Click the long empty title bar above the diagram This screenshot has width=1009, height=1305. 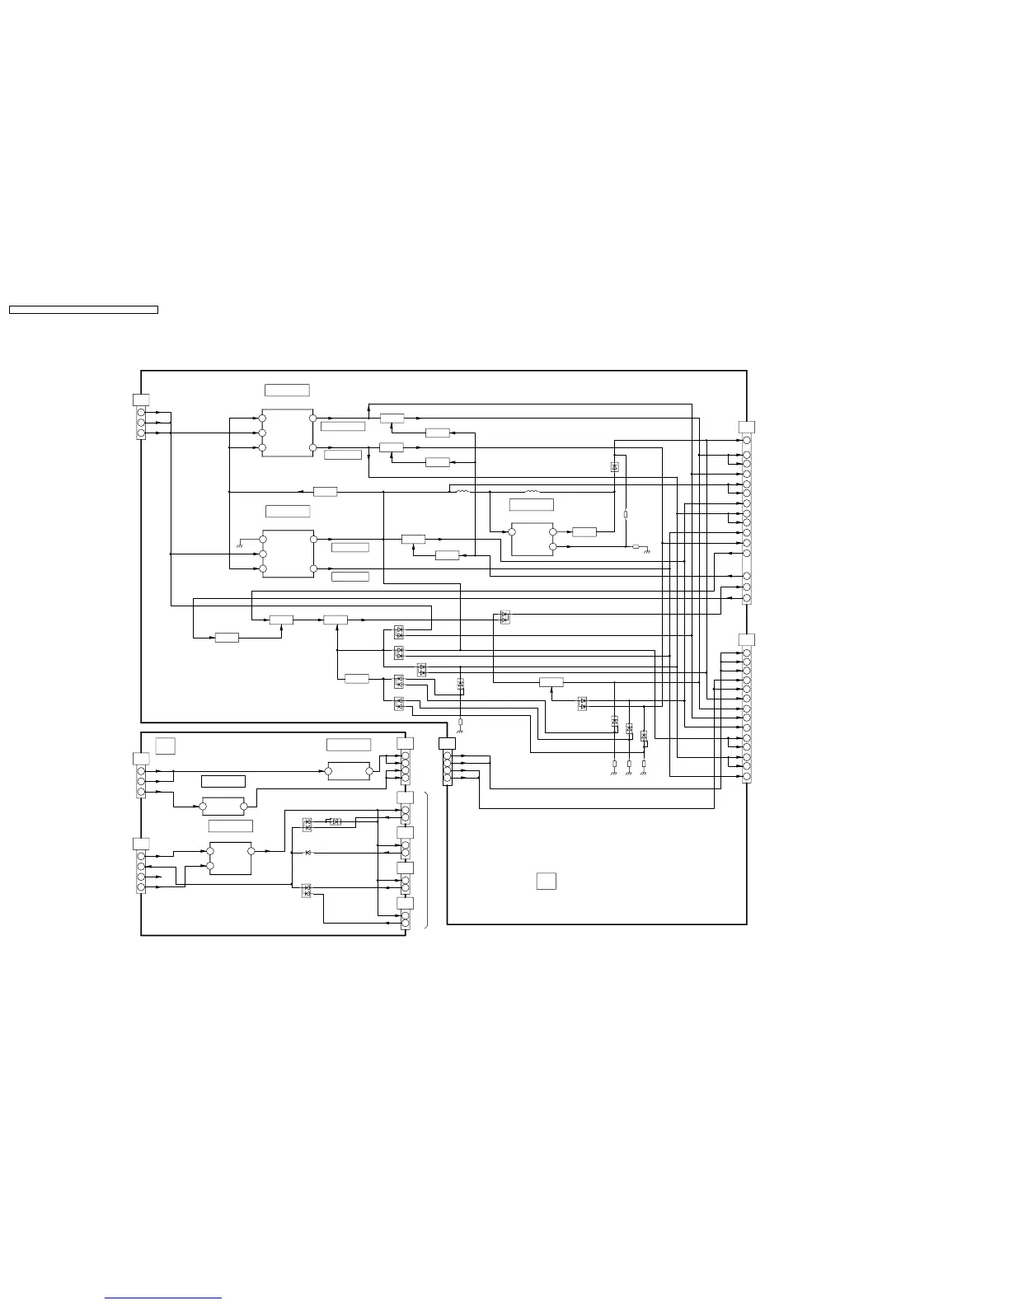[83, 310]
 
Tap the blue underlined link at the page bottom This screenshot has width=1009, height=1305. [163, 1298]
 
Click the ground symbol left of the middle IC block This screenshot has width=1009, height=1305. [239, 542]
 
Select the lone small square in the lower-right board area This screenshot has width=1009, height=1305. [546, 881]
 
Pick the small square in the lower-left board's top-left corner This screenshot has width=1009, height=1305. [166, 746]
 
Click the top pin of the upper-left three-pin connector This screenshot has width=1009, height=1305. [141, 412]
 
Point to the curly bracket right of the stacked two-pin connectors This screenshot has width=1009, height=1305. [427, 861]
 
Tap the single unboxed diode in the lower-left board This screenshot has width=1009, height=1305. [307, 852]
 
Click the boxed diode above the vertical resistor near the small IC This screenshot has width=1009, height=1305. [615, 467]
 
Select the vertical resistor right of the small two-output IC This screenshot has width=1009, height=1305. [626, 514]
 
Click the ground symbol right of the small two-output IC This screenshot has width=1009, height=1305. [647, 548]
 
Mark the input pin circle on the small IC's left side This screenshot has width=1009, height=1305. [512, 532]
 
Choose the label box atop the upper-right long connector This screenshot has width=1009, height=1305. [747, 426]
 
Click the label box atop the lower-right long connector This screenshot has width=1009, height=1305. [747, 639]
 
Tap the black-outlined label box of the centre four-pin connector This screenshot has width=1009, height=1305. [447, 744]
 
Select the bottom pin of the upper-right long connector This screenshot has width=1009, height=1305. [747, 598]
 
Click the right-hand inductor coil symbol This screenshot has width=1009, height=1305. [533, 492]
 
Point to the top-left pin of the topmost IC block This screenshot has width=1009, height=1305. [262, 418]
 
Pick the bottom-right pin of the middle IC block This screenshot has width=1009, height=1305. [313, 568]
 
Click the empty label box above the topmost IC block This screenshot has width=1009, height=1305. [287, 390]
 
